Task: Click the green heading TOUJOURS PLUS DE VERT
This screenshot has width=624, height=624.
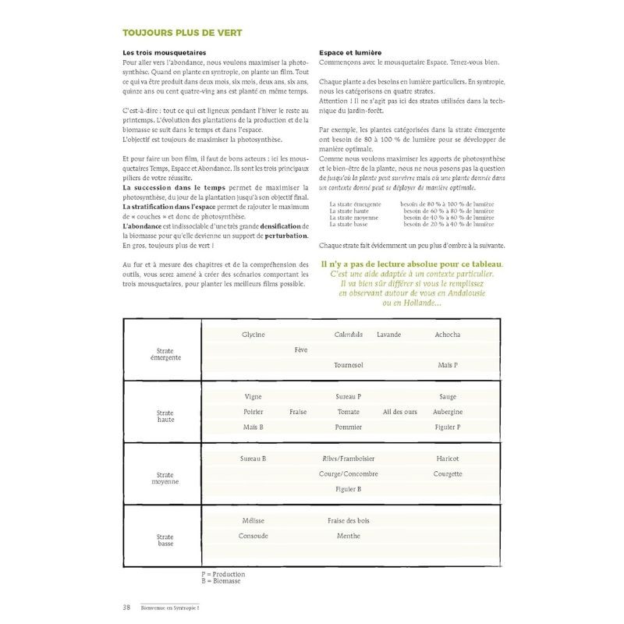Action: (x=182, y=33)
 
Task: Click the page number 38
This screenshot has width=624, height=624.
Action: (x=126, y=608)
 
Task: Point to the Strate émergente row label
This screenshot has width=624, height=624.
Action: (x=165, y=354)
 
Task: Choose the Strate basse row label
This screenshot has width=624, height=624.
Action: (x=165, y=540)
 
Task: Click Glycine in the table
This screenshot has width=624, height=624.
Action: (x=253, y=335)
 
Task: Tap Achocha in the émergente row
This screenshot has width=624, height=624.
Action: (x=448, y=335)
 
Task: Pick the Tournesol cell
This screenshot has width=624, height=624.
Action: (x=349, y=365)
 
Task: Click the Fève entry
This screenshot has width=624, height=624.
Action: (x=300, y=350)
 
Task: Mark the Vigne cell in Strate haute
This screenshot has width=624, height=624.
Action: (x=253, y=396)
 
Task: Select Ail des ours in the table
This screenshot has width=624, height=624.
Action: (x=400, y=412)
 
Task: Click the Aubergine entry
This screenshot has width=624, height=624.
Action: (x=448, y=412)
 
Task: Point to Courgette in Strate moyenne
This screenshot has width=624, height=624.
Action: (x=448, y=473)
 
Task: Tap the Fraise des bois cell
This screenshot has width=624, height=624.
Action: (x=349, y=520)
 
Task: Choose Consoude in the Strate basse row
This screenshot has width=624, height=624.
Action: (x=253, y=536)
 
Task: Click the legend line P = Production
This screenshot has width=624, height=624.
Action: (x=223, y=574)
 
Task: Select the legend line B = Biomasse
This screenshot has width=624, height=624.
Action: (x=221, y=581)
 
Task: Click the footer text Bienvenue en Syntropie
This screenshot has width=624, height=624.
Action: (x=175, y=608)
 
